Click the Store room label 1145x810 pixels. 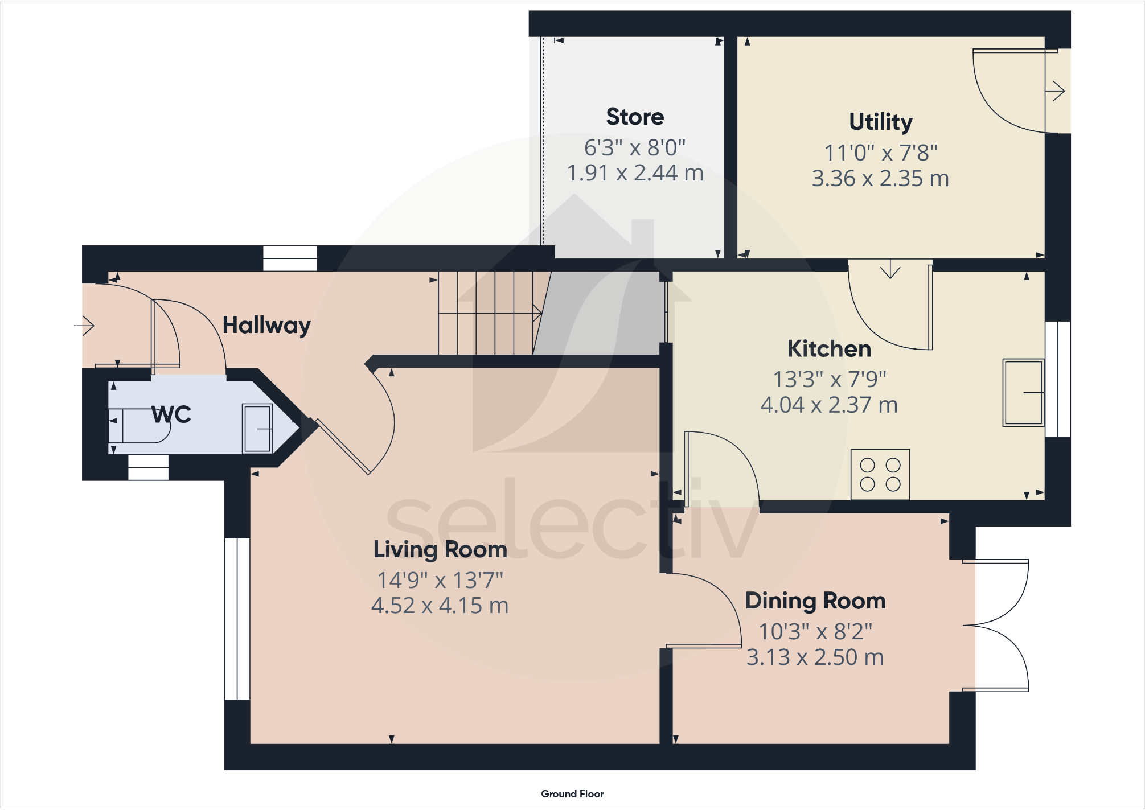pyautogui.click(x=635, y=117)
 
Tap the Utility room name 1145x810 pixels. pyautogui.click(x=880, y=122)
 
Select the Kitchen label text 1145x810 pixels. pyautogui.click(x=829, y=349)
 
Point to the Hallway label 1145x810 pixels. pyautogui.click(x=266, y=326)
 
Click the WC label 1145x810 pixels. pyautogui.click(x=171, y=414)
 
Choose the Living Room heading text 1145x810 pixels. pyautogui.click(x=440, y=550)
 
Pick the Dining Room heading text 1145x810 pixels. pyautogui.click(x=815, y=601)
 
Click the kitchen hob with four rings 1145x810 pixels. pyautogui.click(x=880, y=475)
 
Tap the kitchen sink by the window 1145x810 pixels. pyautogui.click(x=1023, y=393)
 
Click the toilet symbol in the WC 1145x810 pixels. pyautogui.click(x=139, y=426)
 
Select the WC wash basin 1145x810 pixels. pyautogui.click(x=257, y=428)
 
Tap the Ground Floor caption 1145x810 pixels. pyautogui.click(x=572, y=794)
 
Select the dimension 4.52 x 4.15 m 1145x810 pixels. pyautogui.click(x=440, y=606)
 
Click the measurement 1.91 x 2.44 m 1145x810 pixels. pyautogui.click(x=635, y=173)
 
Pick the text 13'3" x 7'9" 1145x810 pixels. pyautogui.click(x=829, y=379)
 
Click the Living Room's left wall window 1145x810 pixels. pyautogui.click(x=237, y=619)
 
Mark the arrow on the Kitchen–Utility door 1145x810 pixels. pyautogui.click(x=890, y=269)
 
